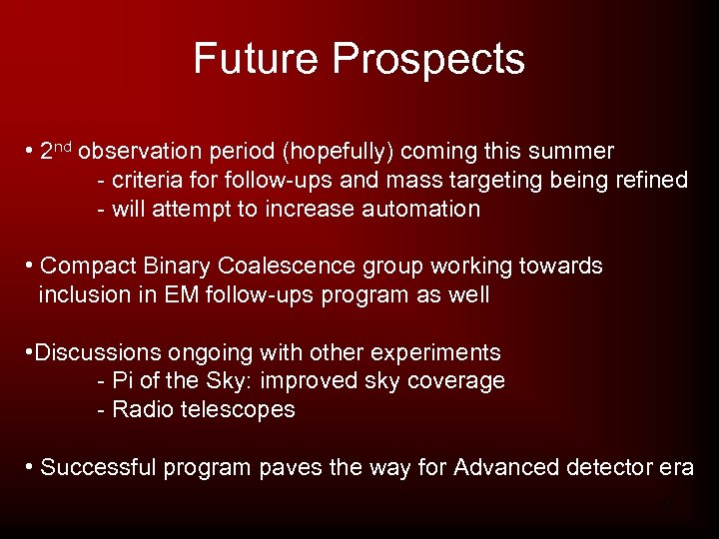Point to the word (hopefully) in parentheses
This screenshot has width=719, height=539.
pyautogui.click(x=342, y=152)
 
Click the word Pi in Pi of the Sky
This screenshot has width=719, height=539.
pyautogui.click(x=122, y=381)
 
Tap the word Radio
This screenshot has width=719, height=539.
pyautogui.click(x=142, y=409)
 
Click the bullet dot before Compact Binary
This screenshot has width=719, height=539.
pyautogui.click(x=31, y=266)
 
